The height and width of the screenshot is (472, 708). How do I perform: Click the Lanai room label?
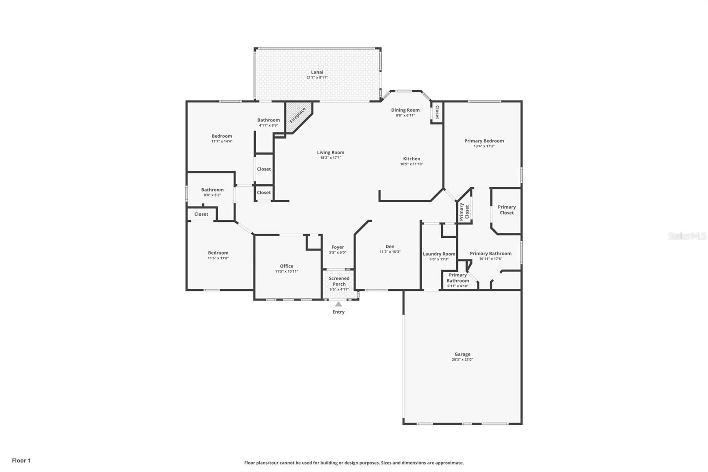pyautogui.click(x=317, y=72)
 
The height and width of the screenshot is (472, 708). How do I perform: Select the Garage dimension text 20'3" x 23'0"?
pyautogui.click(x=462, y=360)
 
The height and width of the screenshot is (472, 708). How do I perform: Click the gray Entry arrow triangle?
pyautogui.click(x=339, y=304)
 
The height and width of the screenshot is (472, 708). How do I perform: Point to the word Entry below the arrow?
pyautogui.click(x=339, y=312)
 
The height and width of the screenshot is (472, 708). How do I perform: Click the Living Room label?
pyautogui.click(x=331, y=152)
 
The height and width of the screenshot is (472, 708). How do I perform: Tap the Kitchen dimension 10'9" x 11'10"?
pyautogui.click(x=412, y=164)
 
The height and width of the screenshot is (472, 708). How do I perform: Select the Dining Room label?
pyautogui.click(x=405, y=110)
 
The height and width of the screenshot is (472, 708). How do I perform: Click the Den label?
pyautogui.click(x=390, y=247)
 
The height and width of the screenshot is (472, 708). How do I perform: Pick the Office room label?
pyautogui.click(x=287, y=266)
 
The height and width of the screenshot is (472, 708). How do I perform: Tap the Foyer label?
pyautogui.click(x=338, y=247)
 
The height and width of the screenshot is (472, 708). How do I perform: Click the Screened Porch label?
pyautogui.click(x=339, y=281)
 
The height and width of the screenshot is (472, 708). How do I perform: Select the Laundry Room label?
pyautogui.click(x=439, y=254)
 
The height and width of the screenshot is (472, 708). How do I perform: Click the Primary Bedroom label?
pyautogui.click(x=484, y=141)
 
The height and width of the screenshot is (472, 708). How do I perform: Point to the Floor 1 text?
pyautogui.click(x=22, y=460)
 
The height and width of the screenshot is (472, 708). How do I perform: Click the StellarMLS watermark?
pyautogui.click(x=688, y=236)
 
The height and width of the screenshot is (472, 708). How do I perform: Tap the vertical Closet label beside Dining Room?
pyautogui.click(x=437, y=112)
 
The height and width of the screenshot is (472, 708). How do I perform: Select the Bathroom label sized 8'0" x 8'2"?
pyautogui.click(x=212, y=190)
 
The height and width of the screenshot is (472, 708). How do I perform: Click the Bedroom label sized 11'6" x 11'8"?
pyautogui.click(x=218, y=253)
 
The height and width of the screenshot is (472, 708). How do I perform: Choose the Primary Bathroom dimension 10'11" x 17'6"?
pyautogui.click(x=491, y=259)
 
